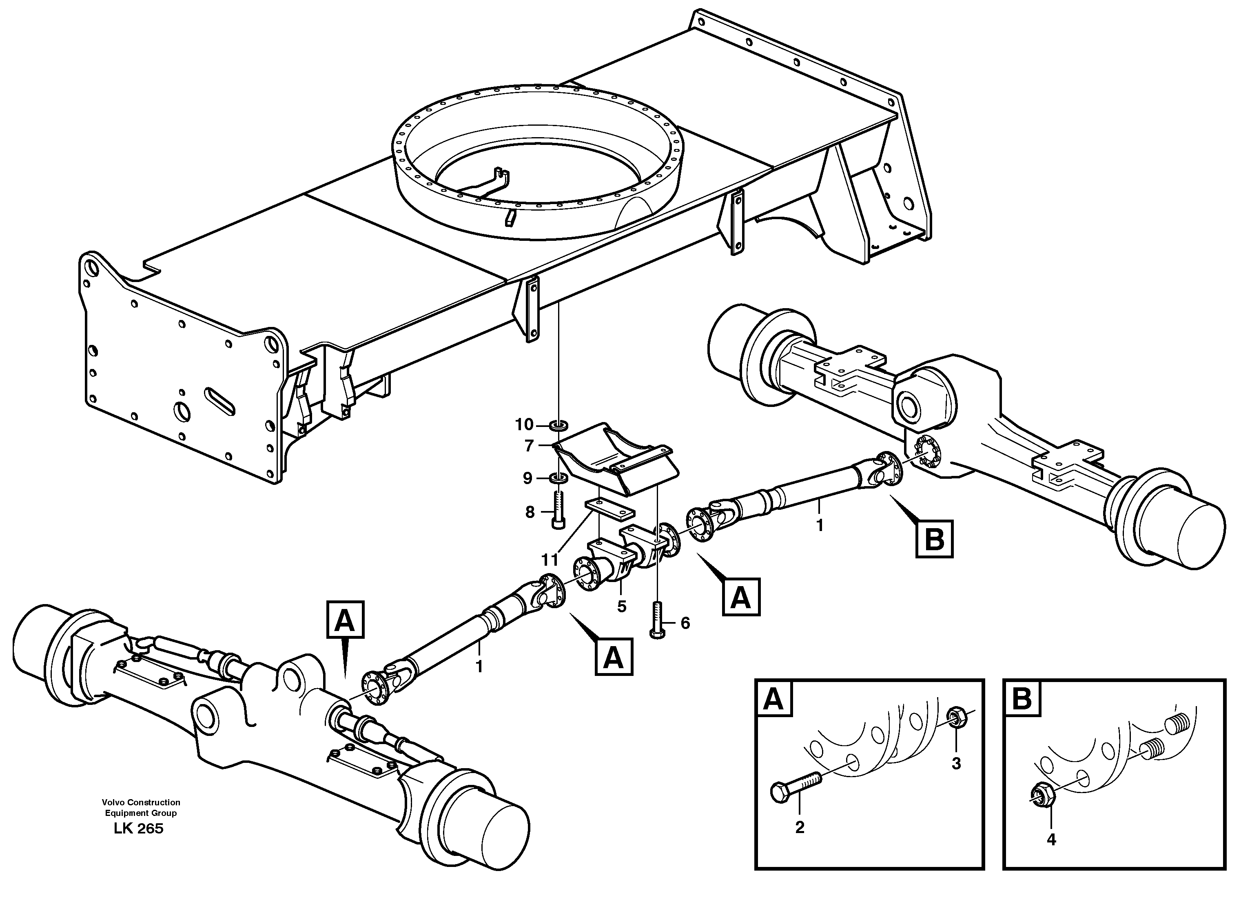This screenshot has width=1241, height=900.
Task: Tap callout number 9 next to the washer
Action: tap(527, 478)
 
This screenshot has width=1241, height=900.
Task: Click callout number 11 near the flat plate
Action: tap(550, 560)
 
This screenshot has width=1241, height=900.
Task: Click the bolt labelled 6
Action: tap(657, 619)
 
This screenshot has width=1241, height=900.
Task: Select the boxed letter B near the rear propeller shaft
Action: tap(934, 539)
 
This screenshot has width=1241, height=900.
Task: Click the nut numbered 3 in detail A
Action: tap(955, 717)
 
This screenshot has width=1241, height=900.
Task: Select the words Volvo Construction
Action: tap(141, 802)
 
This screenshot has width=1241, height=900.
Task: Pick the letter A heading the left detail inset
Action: tap(773, 700)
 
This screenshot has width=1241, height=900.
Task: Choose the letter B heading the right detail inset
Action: tap(1022, 700)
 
